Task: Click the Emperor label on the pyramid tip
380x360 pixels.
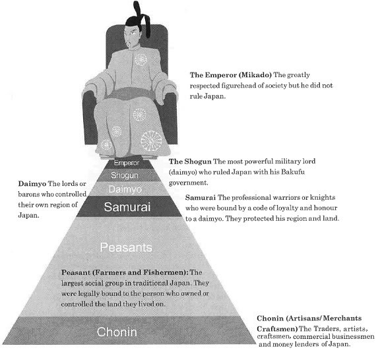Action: click(x=126, y=163)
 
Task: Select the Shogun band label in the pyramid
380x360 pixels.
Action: click(x=125, y=175)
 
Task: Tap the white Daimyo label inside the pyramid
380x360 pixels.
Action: click(x=125, y=189)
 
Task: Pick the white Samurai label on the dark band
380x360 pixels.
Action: click(x=127, y=207)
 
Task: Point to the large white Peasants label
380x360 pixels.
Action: click(x=126, y=247)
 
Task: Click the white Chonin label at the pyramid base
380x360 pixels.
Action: click(x=117, y=332)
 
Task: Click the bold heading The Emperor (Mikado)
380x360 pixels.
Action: click(x=230, y=75)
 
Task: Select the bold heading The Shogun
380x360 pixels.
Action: click(x=190, y=162)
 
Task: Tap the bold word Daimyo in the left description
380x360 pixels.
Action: click(x=32, y=184)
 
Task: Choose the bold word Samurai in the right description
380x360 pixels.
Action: click(x=201, y=198)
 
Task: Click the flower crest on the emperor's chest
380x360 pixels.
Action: click(x=141, y=59)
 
